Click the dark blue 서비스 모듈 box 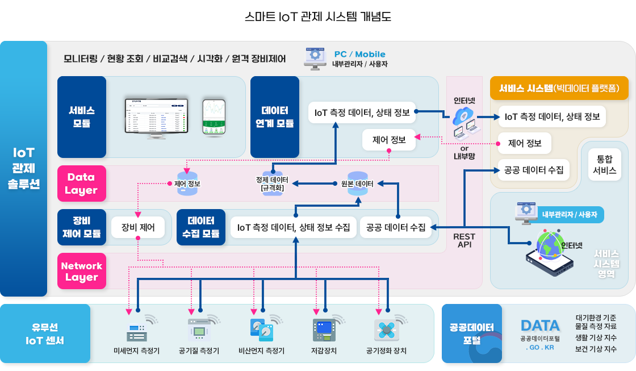(82, 116)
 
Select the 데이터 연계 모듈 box (274, 116)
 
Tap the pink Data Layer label (81, 184)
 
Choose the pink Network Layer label (81, 272)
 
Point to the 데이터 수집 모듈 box (200, 227)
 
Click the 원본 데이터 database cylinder (357, 184)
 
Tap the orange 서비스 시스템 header (559, 88)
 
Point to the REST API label (465, 240)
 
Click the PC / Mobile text (359, 55)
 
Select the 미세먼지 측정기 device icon (136, 330)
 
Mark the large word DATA (540, 326)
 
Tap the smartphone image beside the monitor (214, 117)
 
